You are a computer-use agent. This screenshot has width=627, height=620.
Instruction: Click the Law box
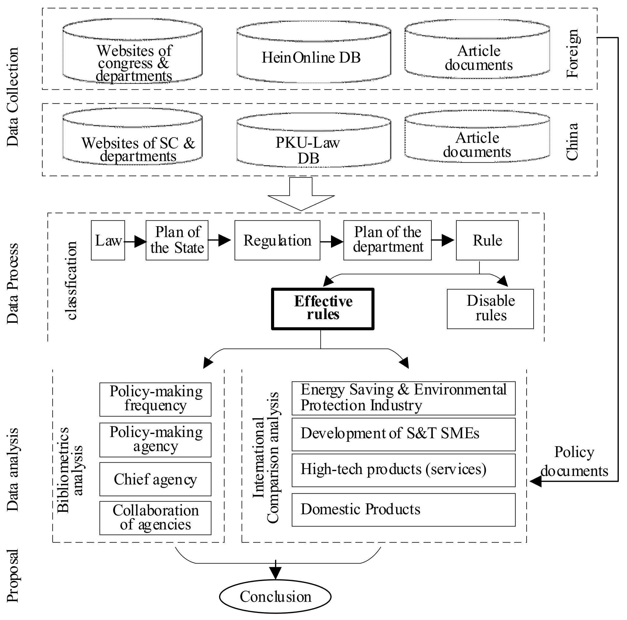click(x=108, y=241)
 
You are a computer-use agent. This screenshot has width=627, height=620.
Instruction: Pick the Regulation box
click(x=277, y=241)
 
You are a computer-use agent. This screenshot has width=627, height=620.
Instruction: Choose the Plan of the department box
click(x=388, y=241)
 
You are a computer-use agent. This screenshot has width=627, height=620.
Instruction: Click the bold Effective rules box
click(x=323, y=309)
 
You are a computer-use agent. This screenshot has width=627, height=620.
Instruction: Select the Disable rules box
click(x=490, y=309)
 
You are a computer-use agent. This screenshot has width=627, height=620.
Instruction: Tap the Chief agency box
click(x=155, y=480)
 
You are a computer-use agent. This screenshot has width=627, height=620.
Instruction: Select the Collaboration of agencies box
click(x=155, y=518)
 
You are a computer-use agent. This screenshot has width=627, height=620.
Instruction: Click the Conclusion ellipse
click(x=276, y=597)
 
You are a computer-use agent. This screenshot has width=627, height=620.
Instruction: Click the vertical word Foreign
click(x=573, y=53)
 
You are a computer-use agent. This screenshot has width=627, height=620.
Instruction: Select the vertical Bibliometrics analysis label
click(x=70, y=470)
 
